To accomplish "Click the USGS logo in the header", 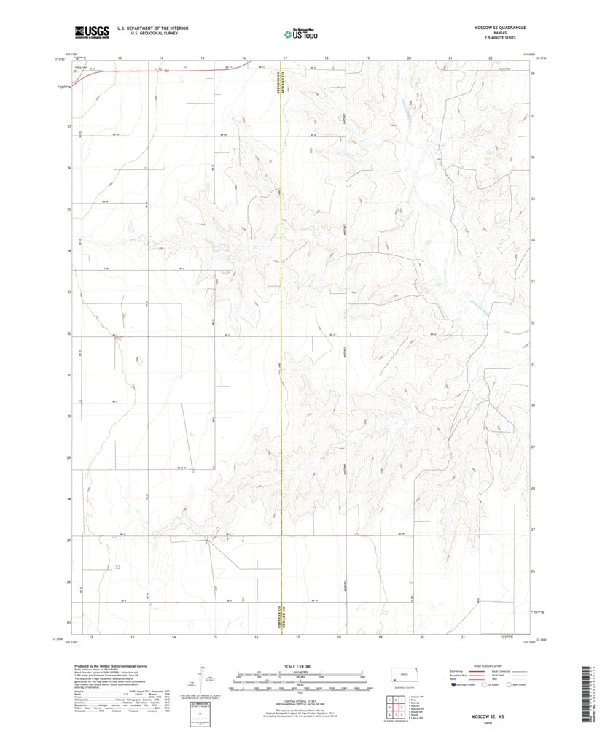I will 91,31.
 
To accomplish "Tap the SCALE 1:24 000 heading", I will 300,667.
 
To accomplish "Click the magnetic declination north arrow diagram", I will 202,678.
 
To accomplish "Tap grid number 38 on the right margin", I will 534,74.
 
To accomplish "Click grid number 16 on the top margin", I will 244,57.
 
